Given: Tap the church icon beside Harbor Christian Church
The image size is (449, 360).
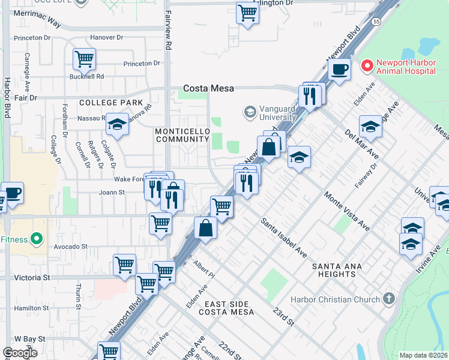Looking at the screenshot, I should [389, 299].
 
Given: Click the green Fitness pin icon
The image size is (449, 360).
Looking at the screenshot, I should [37, 239].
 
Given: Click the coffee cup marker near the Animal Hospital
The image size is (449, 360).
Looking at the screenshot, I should [339, 69].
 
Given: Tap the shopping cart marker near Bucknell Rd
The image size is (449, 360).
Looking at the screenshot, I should [85, 59].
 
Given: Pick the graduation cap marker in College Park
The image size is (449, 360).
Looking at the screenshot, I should [117, 124].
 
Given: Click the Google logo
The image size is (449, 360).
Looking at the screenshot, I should [20, 353].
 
